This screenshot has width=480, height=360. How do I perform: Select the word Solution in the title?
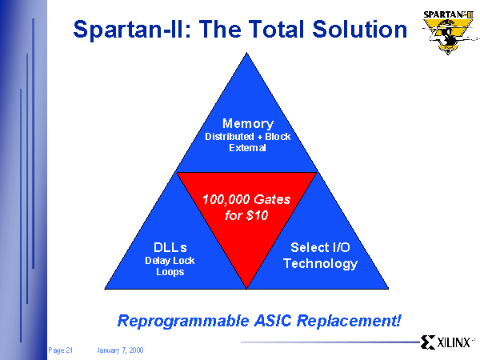tap(360, 29)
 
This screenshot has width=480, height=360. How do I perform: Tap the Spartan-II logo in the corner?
tap(449, 33)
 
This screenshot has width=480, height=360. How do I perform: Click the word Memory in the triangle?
tap(248, 124)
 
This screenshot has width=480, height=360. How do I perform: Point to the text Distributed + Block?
tap(248, 137)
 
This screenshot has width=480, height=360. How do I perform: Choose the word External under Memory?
tap(248, 148)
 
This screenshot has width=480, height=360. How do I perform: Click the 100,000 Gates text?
tap(246, 199)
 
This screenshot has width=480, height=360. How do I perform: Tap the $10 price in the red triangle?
tap(257, 215)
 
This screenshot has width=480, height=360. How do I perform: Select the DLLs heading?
tap(170, 247)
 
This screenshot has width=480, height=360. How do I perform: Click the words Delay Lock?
tap(170, 261)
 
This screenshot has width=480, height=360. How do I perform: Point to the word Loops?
tap(170, 272)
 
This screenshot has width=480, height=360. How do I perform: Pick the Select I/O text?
tap(320, 247)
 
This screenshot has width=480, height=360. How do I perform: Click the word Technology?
tap(320, 264)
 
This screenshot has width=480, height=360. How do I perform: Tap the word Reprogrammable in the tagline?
tap(183, 321)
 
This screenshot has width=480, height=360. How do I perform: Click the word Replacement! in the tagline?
tap(349, 321)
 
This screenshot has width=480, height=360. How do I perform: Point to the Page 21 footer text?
tap(60, 350)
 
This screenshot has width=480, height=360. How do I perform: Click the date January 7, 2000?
tap(120, 350)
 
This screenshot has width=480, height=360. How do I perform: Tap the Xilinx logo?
tap(447, 342)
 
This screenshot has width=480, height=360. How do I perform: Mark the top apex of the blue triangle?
tap(246, 53)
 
